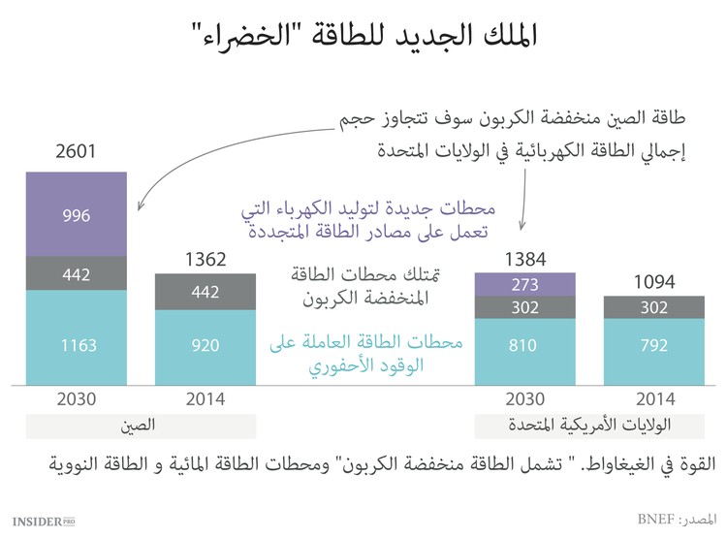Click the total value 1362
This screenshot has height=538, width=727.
(x=205, y=259)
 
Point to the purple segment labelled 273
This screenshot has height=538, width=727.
(x=524, y=285)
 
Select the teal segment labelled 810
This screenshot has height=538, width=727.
(x=524, y=344)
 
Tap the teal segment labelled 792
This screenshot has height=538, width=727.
(x=653, y=344)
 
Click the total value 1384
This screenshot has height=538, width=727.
(x=524, y=259)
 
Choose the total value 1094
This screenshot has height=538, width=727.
(x=653, y=282)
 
